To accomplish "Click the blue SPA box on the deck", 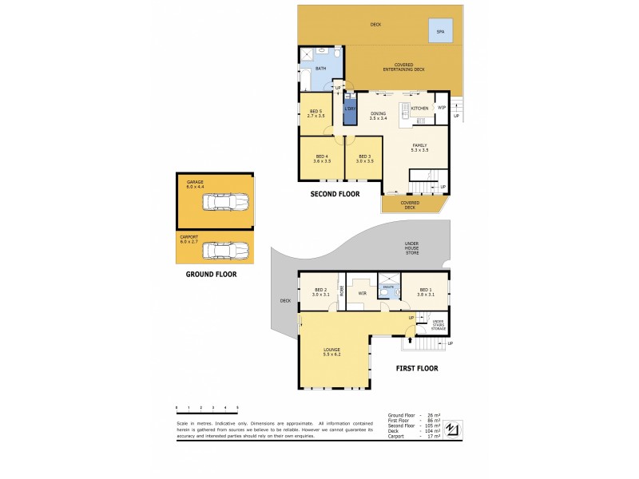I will click(x=440, y=31).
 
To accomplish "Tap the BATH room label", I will click(x=320, y=69).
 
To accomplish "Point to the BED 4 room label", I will click(x=322, y=158).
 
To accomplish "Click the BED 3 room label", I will click(x=364, y=158).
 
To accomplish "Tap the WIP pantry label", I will click(x=441, y=107).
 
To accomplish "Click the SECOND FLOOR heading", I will click(x=335, y=194).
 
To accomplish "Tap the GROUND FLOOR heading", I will click(x=212, y=274).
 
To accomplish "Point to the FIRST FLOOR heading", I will click(x=417, y=368).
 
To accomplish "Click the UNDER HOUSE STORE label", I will click(x=411, y=248).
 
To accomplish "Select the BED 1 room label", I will click(x=426, y=292).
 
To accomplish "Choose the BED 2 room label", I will click(x=321, y=292).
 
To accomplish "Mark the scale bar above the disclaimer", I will click(x=207, y=408).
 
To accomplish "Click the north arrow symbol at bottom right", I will click(x=453, y=429).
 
